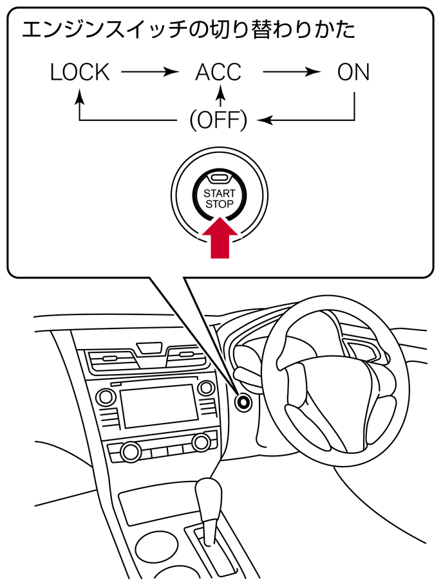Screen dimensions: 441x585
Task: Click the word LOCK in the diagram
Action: coord(80,73)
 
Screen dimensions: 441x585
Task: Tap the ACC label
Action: coord(218,73)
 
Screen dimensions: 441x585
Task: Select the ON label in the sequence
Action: coord(353,73)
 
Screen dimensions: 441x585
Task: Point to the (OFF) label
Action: coord(219,120)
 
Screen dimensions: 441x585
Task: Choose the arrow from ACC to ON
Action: coord(292,71)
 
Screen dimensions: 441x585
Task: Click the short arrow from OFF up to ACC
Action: coord(221,96)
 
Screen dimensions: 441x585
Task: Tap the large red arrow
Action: coord(220,238)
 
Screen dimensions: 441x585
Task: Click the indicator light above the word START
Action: coord(220,177)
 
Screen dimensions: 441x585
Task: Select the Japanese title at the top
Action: coord(189,30)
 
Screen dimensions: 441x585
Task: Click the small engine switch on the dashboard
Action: coord(243,402)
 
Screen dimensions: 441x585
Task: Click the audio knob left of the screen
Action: coord(106,397)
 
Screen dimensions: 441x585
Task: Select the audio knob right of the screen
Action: coord(206,388)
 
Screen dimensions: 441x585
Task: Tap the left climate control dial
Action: coord(131,452)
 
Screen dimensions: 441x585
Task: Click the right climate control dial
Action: coord(201,442)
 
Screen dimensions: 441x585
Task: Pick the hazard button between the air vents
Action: coord(149,348)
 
